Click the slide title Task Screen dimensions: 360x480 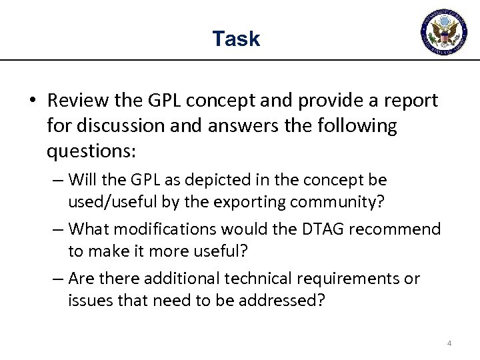coord(236,39)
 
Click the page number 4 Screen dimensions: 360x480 coord(449,343)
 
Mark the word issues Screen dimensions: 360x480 coord(89,299)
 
